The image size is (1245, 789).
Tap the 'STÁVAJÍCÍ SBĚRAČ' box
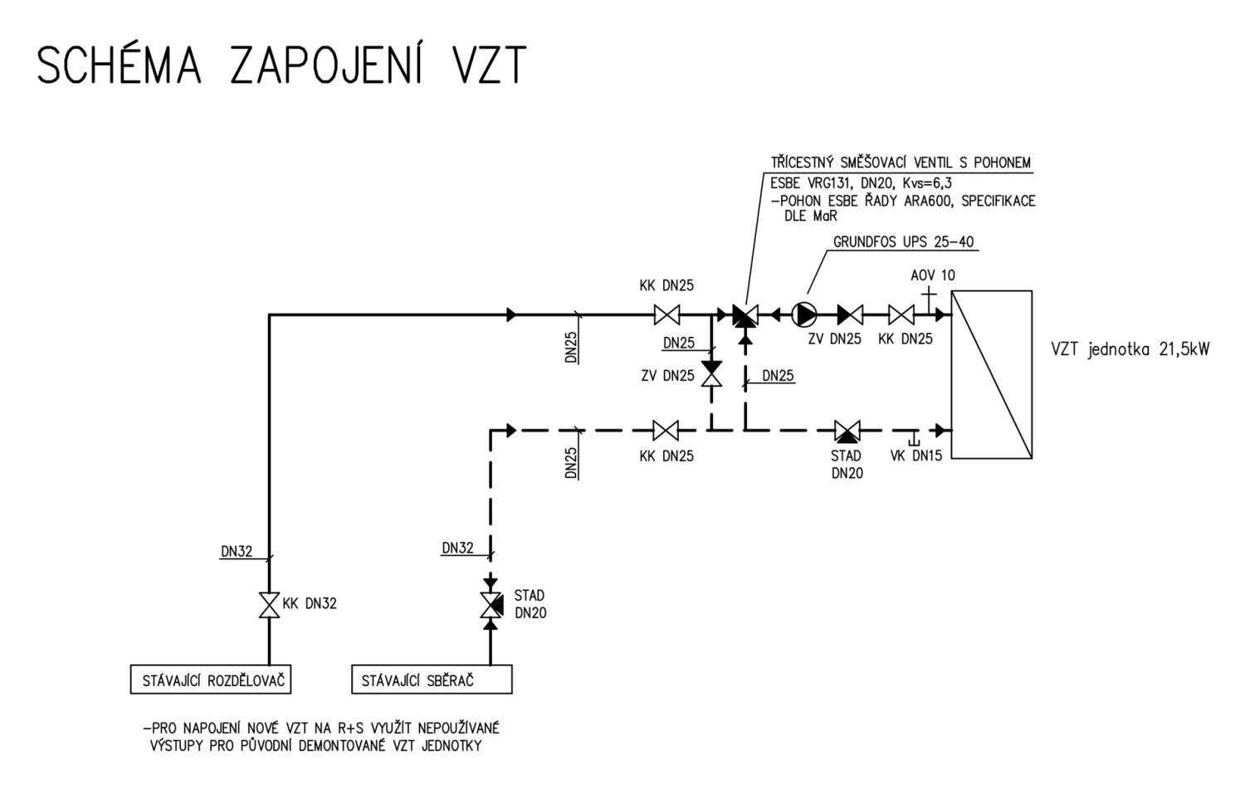[432, 680]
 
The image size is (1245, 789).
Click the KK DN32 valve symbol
[269, 605]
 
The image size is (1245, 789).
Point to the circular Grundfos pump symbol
[804, 314]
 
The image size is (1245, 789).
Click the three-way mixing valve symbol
[745, 315]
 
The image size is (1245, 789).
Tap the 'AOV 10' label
[932, 275]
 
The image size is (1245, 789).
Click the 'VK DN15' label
[915, 455]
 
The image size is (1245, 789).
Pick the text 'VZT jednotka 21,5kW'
[1130, 349]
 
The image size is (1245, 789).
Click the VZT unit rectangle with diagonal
[991, 374]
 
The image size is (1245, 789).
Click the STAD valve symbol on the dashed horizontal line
[847, 431]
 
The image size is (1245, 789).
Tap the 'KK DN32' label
[310, 604]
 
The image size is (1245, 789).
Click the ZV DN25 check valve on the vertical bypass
[710, 373]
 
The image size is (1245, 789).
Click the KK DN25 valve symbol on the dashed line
[666, 431]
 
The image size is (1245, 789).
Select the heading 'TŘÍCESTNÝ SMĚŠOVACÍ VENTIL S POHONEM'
[901, 163]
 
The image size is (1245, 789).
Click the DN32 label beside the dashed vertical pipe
[457, 548]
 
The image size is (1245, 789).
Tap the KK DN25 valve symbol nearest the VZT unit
[901, 314]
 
